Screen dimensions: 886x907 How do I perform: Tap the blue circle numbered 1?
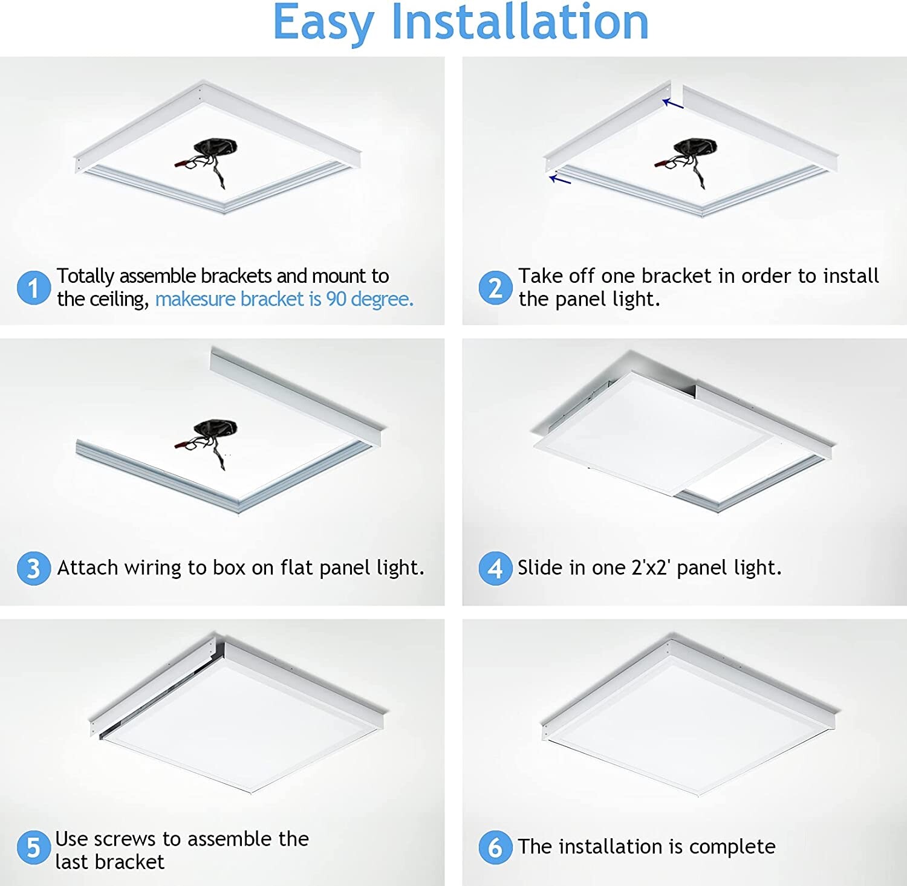(x=33, y=288)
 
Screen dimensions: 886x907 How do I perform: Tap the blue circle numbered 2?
(x=495, y=288)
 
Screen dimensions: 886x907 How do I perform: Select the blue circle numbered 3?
(x=33, y=568)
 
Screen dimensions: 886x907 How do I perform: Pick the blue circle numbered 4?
(x=495, y=568)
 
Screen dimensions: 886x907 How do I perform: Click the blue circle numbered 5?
(x=33, y=847)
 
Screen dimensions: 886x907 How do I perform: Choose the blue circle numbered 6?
(x=495, y=847)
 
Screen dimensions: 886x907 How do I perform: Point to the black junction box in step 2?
(x=695, y=148)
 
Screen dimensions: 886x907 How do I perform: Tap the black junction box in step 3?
(x=215, y=428)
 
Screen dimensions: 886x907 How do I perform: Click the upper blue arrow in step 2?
(x=672, y=104)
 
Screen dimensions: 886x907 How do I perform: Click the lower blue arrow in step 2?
(x=560, y=179)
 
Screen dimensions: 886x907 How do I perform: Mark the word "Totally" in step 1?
(x=85, y=276)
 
